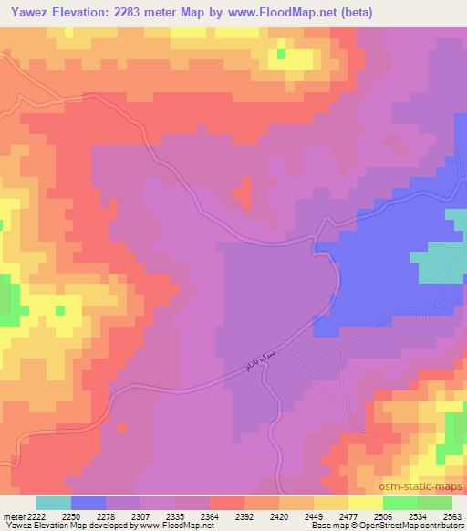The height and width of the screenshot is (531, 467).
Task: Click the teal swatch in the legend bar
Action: pos(54,503)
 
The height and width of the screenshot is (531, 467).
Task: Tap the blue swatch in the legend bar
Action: pos(88,503)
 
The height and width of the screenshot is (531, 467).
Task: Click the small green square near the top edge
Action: pos(282,54)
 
